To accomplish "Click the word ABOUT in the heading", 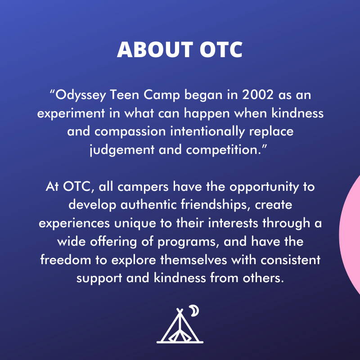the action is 155,49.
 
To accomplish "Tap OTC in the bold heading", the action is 221,49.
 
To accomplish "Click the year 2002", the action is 258,94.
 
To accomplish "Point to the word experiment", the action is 71,114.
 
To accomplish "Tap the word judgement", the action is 122,150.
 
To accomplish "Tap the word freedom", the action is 65,260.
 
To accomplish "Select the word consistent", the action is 290,260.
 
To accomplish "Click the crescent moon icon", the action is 195,310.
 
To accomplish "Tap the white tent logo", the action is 180,326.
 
